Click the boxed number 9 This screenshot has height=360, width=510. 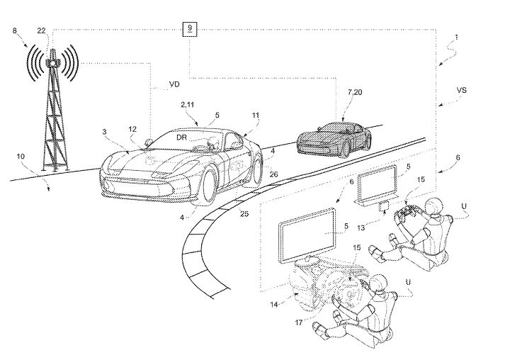pyautogui.click(x=188, y=29)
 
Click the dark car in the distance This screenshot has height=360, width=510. pyautogui.click(x=333, y=137)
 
